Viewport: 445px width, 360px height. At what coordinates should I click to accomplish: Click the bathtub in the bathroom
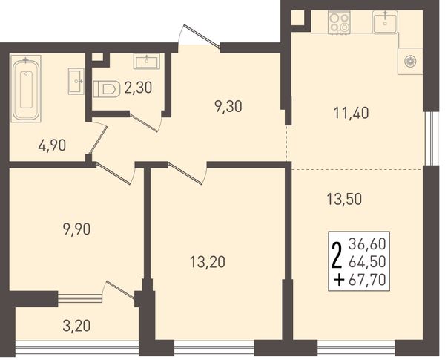pyautogui.click(x=26, y=88)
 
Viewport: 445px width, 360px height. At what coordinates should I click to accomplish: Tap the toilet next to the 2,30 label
pyautogui.click(x=106, y=89)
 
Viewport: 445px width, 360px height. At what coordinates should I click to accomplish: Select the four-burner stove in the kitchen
pyautogui.click(x=339, y=22)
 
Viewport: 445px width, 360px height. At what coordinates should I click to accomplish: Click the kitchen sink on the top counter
pyautogui.click(x=384, y=22)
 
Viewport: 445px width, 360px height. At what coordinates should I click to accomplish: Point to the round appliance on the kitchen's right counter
pyautogui.click(x=410, y=62)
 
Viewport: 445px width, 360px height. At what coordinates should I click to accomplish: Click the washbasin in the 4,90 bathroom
pyautogui.click(x=76, y=81)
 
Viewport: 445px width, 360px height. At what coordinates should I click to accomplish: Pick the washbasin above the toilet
pyautogui.click(x=146, y=62)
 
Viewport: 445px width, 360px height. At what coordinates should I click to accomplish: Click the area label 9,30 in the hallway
pyautogui.click(x=228, y=107)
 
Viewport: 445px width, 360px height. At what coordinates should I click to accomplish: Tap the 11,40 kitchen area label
pyautogui.click(x=352, y=114)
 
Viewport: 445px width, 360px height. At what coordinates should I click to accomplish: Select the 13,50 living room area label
pyautogui.click(x=344, y=199)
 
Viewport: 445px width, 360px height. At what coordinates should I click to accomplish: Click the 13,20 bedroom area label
pyautogui.click(x=208, y=262)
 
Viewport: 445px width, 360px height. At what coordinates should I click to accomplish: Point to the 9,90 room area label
pyautogui.click(x=76, y=229)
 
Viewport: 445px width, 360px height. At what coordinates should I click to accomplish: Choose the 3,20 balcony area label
pyautogui.click(x=76, y=326)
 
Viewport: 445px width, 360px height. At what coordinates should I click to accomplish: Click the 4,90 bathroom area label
pyautogui.click(x=52, y=145)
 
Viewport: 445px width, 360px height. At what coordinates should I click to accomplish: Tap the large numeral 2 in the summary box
pyautogui.click(x=337, y=256)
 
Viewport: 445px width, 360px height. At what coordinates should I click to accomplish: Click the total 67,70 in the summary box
pyautogui.click(x=367, y=280)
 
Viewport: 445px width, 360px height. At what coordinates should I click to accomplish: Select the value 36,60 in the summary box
pyautogui.click(x=367, y=244)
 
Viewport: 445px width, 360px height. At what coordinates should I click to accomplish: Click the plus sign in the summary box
pyautogui.click(x=339, y=281)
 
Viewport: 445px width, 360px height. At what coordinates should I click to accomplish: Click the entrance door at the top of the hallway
pyautogui.click(x=202, y=36)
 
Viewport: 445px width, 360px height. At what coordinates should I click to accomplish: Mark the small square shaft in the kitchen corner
pyautogui.click(x=297, y=18)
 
